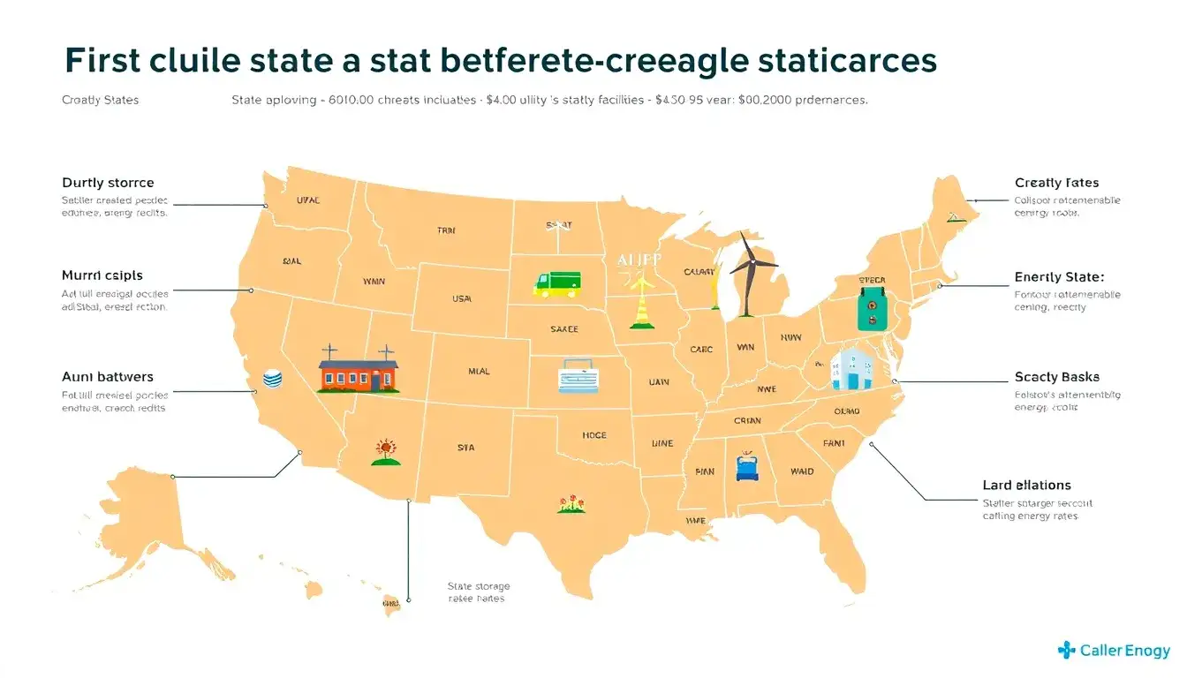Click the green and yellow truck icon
point(557,283)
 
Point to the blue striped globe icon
point(272,380)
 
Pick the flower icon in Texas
point(569,504)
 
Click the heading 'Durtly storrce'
point(108,183)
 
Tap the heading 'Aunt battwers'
point(108,377)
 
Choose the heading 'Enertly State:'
point(1059,277)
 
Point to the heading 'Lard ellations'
point(1026,485)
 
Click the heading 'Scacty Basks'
point(1057,377)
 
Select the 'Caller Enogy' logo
point(1114,651)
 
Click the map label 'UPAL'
point(308,200)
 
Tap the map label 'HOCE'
point(593,435)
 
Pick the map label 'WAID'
point(802,471)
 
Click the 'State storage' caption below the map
point(479,586)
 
